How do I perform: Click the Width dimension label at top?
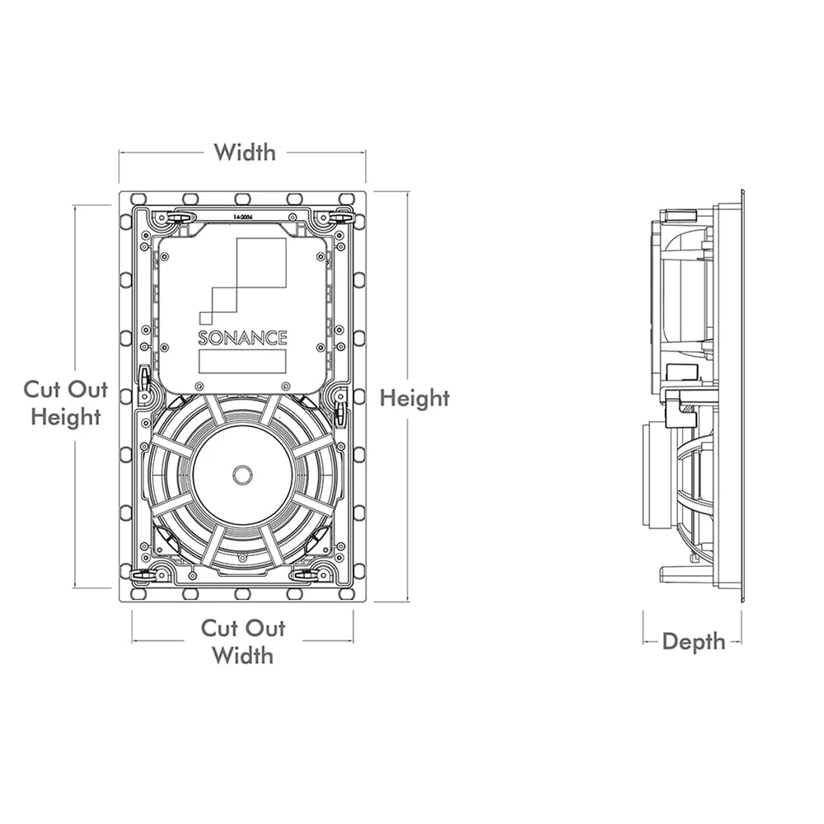[x=245, y=152]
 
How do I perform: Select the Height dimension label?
[x=414, y=399]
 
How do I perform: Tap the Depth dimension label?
[x=694, y=641]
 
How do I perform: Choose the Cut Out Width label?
[x=243, y=642]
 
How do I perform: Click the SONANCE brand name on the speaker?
[x=242, y=338]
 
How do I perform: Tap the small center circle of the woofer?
[x=242, y=475]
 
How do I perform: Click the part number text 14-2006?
[x=244, y=216]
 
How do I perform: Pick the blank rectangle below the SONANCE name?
[x=242, y=361]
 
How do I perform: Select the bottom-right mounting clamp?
[x=313, y=574]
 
